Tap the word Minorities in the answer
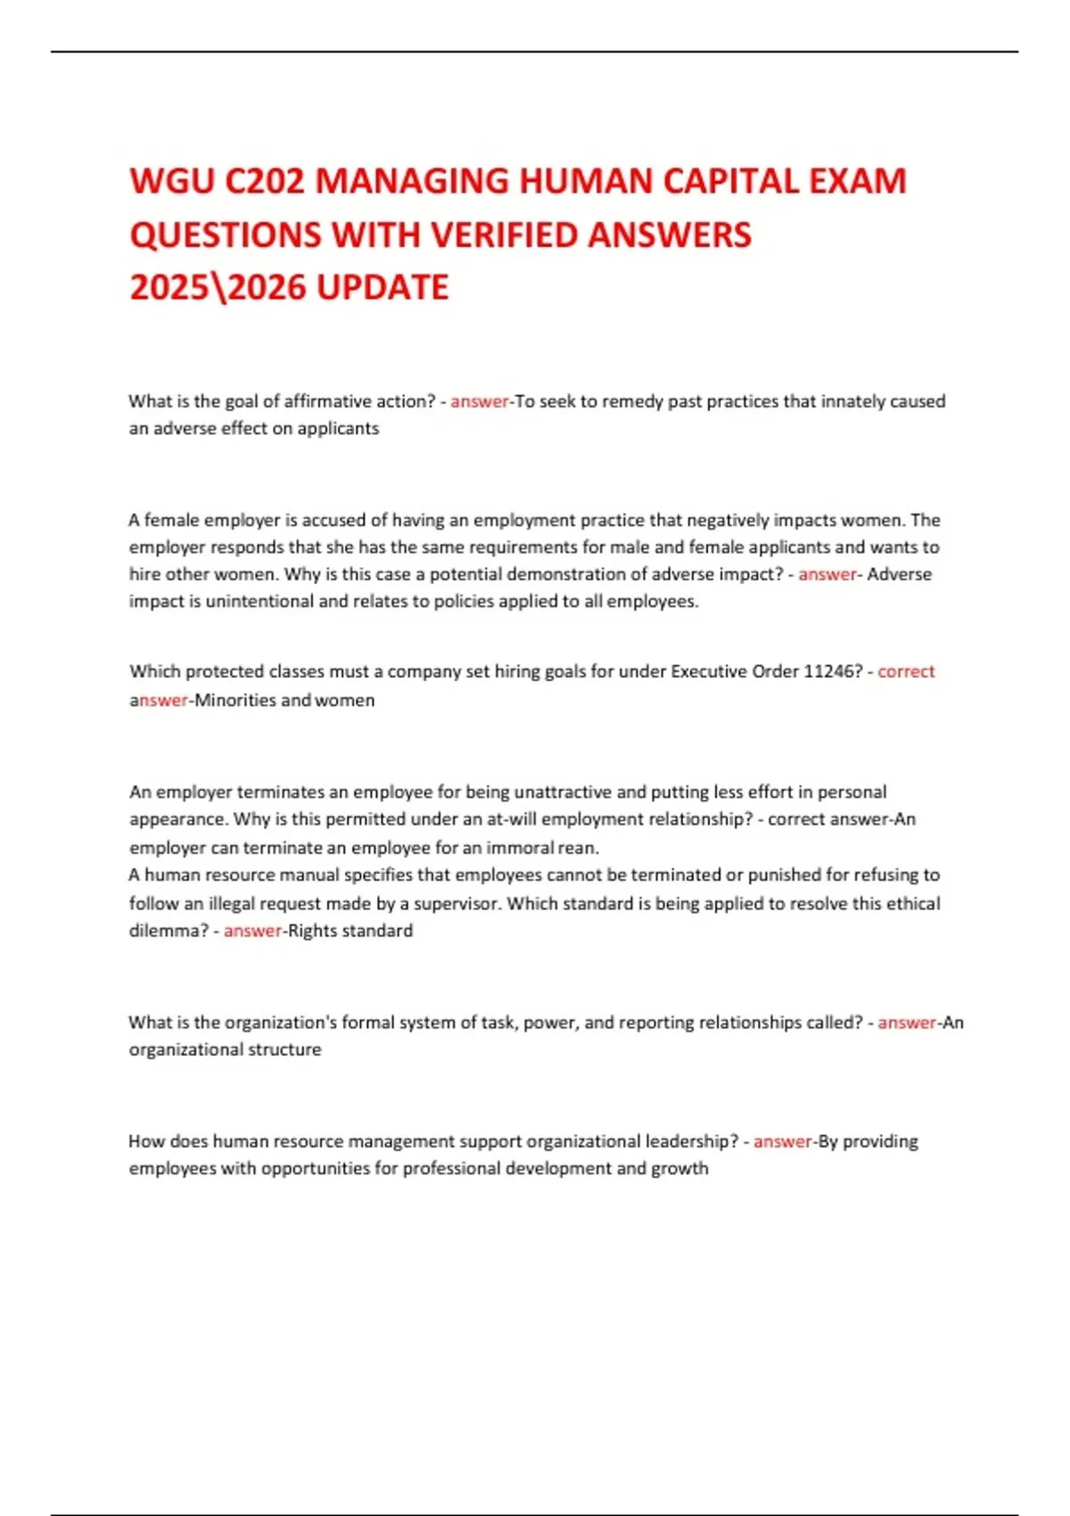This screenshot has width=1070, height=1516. point(235,700)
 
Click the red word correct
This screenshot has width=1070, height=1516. point(906,671)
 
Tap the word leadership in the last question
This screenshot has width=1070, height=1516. point(692,1141)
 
